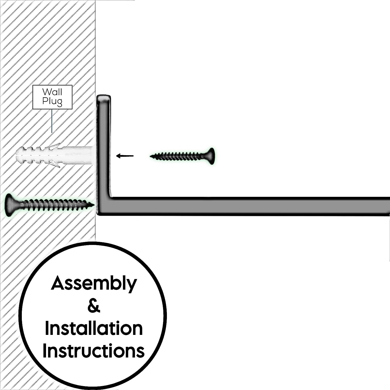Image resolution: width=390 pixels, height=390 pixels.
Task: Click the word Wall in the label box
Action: point(52,92)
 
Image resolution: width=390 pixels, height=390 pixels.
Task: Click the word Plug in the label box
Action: point(52,101)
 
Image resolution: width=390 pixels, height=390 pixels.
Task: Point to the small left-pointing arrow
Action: point(125,156)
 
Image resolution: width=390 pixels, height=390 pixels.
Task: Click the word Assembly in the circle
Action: point(94,284)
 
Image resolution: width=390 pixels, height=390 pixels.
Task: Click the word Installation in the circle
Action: point(94,328)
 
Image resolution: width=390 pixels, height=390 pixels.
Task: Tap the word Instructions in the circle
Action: point(94,351)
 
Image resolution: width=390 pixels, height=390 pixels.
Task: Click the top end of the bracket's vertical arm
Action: point(104,99)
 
